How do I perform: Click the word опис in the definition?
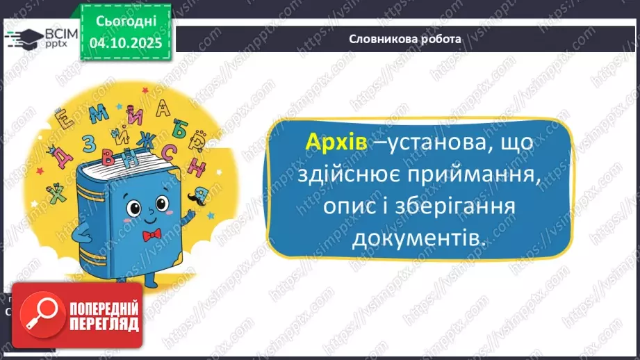[x=352, y=207]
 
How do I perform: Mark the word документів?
[x=417, y=238]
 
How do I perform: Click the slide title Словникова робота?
[x=405, y=39]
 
